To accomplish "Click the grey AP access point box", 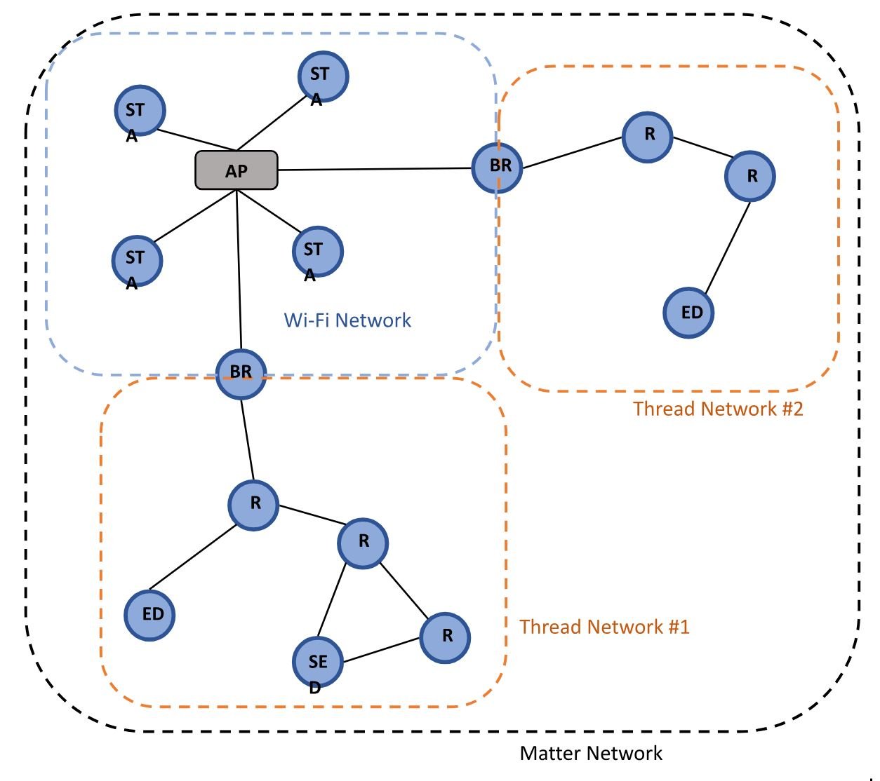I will pos(236,170).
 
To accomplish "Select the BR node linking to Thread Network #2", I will pos(497,168).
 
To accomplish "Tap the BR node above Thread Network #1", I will pos(241,374).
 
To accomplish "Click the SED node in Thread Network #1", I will pos(318,662).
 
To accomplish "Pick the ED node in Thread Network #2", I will pos(688,313).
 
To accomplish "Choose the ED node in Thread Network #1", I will pos(149,615).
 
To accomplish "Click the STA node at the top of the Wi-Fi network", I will pos(323,76).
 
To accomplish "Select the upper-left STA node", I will pos(140,111).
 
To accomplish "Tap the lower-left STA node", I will pos(137,260).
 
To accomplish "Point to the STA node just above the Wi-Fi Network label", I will pos(317,251).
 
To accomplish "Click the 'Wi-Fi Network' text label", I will pos(347,320).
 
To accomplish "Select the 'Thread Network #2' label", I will pos(717,409).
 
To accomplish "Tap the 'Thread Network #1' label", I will pos(604,627).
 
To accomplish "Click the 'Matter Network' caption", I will pos(591,754).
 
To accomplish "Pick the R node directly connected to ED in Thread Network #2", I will pos(749,176).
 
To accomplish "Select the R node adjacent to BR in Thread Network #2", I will pos(648,137).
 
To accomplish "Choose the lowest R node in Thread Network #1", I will pos(445,637).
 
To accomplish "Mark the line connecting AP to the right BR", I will pos(375,169).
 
